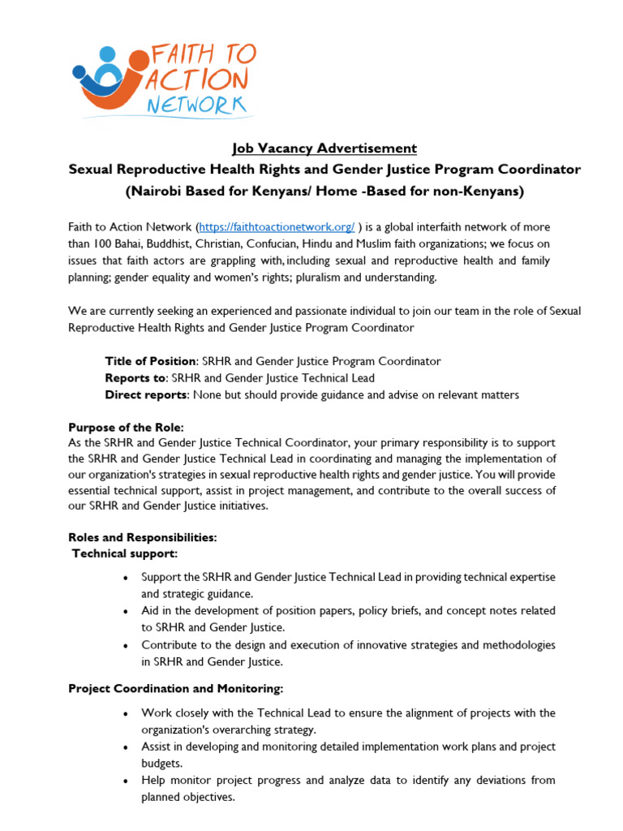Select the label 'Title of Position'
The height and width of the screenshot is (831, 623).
click(150, 361)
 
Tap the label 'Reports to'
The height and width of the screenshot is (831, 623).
click(135, 378)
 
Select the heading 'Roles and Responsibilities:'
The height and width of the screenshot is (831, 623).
click(143, 537)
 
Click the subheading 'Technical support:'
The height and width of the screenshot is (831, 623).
click(125, 553)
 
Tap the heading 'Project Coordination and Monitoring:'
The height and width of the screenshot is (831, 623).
click(176, 689)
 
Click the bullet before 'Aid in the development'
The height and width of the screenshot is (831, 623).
click(124, 612)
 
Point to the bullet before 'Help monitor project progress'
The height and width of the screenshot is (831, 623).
click(124, 781)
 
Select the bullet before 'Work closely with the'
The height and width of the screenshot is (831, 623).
click(124, 713)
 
